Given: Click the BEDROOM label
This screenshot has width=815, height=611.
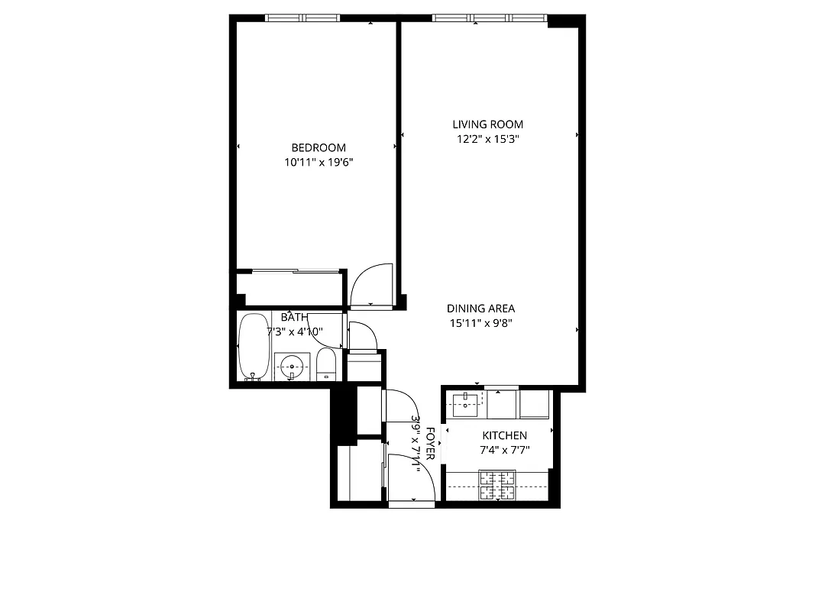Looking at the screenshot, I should pos(318,147).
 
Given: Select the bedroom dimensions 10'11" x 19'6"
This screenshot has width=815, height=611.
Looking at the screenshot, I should pos(318,162).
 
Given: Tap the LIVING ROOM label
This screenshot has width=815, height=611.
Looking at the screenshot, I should pos(487,124).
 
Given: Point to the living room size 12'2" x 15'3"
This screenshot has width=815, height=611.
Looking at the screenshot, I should pos(487,139).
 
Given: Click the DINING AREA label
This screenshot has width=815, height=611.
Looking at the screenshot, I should pos(480,309).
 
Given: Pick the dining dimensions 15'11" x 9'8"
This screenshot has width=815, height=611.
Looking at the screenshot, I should pos(480,323).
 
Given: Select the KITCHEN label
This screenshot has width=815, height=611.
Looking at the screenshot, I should pos(503,435).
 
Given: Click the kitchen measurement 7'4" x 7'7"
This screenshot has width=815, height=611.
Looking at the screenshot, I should pos(503,451).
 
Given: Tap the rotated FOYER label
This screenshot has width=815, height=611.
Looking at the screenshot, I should pos(431,445).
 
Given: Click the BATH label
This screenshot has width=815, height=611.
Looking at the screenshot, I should pos(295,317).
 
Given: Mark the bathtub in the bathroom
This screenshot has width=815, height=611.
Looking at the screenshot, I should pos(252,348).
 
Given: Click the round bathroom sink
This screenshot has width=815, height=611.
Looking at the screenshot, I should pos(292,367).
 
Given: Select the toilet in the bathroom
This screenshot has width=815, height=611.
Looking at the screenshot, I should pos(326,367).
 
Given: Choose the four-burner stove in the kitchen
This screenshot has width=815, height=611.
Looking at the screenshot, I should pos(497,485).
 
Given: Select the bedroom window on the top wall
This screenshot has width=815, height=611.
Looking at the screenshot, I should pos(302,18).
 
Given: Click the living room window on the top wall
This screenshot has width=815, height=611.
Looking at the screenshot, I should pos(490,18).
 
